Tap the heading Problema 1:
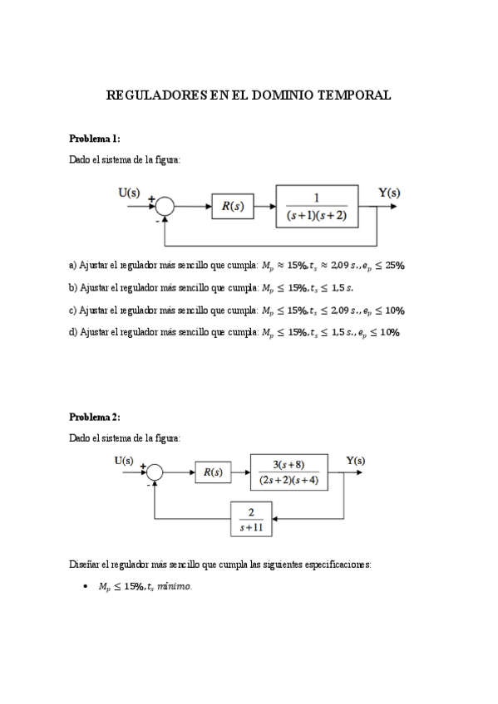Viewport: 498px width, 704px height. coord(95,138)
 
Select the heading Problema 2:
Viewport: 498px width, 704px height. coord(95,417)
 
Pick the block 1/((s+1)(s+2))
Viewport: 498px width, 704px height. coord(317,206)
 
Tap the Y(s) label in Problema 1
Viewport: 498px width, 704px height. coord(389,193)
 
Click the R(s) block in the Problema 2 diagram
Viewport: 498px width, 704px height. coord(213,472)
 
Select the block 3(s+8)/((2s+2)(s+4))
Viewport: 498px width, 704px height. coord(288,472)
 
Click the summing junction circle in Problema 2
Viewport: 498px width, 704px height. coord(155,473)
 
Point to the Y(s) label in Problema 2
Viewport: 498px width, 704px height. coord(355,460)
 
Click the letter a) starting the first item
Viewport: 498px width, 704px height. coord(72,266)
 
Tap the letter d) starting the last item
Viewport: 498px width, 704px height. coord(72,332)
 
